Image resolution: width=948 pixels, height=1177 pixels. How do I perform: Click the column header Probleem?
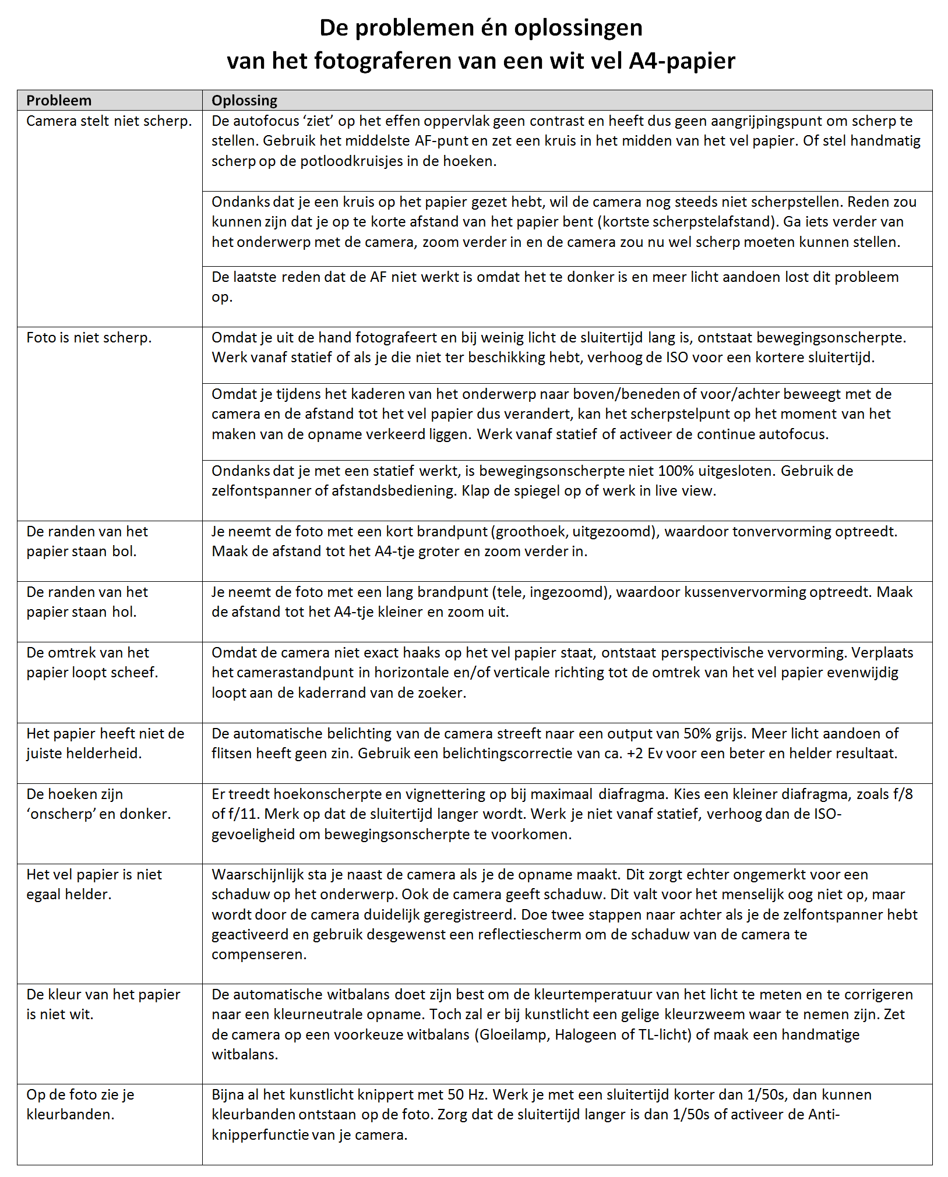point(59,101)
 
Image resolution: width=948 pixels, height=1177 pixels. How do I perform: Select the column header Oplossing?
point(244,101)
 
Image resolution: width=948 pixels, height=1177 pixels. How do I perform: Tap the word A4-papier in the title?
point(682,61)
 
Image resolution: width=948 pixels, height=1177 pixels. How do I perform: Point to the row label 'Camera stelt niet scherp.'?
point(109,121)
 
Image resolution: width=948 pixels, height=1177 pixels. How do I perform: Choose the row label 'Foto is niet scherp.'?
point(89,338)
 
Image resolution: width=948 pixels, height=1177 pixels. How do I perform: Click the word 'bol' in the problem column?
point(123,552)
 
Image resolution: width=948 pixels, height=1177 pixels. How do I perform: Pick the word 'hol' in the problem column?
point(123,612)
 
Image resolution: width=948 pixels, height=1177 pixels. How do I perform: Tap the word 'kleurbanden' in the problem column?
point(69,1115)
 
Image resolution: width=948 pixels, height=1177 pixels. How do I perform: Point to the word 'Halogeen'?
point(587,1035)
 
